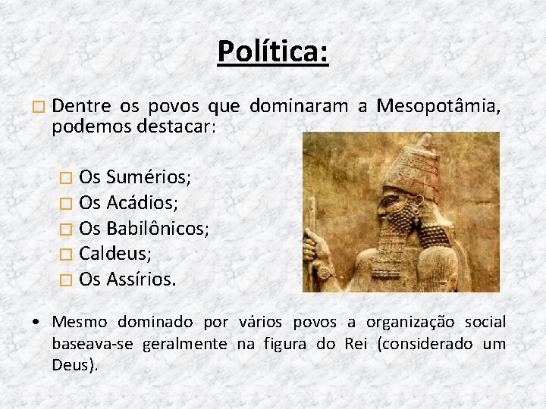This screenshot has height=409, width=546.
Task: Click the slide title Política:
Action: point(273,52)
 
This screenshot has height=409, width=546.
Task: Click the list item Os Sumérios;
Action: point(135,177)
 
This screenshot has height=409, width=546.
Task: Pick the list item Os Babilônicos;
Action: point(144,228)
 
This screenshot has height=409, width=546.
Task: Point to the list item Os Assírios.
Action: point(127,279)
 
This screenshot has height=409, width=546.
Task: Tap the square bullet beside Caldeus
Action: point(66,254)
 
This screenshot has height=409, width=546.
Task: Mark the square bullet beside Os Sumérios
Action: point(66,178)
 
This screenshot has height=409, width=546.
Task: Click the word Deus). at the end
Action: point(75,365)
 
